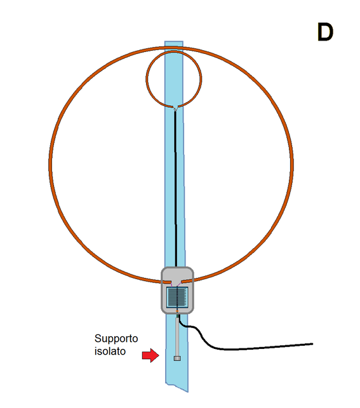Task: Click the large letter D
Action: point(325,32)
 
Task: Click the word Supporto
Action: point(116,339)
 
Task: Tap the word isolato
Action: point(110,352)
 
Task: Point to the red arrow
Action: point(150,355)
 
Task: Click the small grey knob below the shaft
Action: point(177,359)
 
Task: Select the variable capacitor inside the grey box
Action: point(177,298)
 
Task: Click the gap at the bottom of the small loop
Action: point(175,108)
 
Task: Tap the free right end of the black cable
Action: point(312,344)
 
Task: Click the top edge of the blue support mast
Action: point(173,41)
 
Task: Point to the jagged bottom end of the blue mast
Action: point(177,387)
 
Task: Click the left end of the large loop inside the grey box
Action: point(171,282)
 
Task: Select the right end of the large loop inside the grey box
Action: point(183,282)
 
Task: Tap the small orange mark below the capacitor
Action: point(177,311)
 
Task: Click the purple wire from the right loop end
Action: point(180,285)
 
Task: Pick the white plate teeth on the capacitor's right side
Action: point(185,297)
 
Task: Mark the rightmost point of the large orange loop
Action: point(292,162)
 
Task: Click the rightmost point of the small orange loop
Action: point(201,79)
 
